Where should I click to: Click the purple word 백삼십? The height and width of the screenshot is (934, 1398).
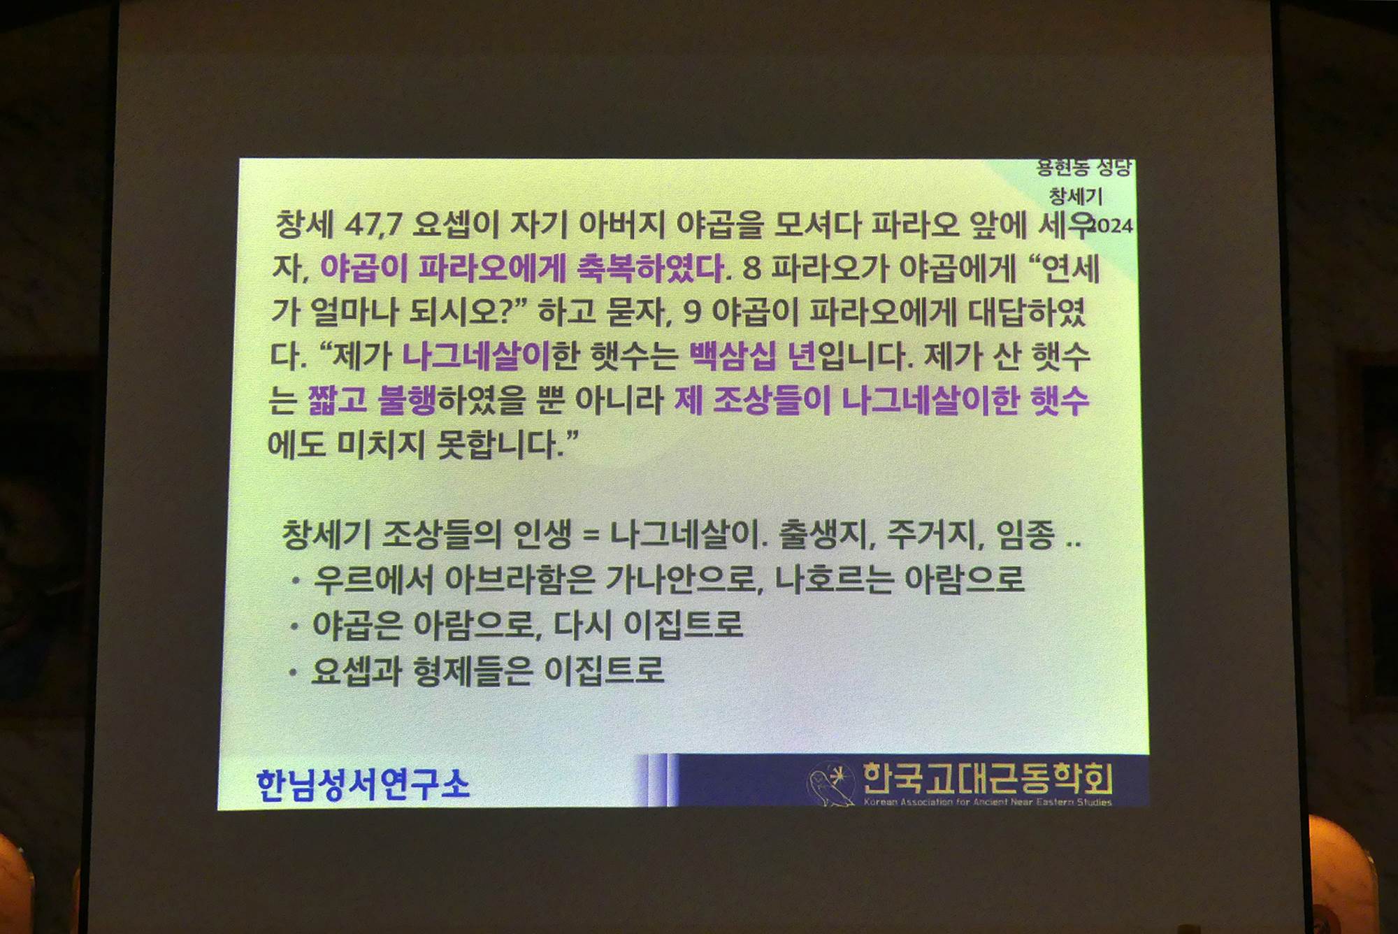click(732, 356)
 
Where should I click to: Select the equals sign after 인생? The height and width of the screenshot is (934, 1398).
click(591, 536)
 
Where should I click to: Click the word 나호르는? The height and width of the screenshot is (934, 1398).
click(834, 579)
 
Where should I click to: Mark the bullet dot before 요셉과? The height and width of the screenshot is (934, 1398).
click(294, 673)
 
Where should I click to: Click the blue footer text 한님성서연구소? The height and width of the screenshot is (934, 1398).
click(363, 784)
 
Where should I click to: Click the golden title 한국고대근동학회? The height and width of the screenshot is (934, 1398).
click(988, 777)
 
